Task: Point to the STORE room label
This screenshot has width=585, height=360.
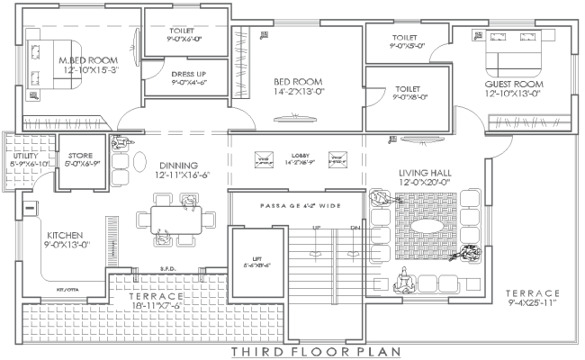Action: coord(79,156)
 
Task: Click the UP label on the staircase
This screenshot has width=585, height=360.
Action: coord(316,229)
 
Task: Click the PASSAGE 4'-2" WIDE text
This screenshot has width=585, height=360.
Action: coord(301,206)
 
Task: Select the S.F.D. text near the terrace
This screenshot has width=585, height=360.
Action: coord(166,268)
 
